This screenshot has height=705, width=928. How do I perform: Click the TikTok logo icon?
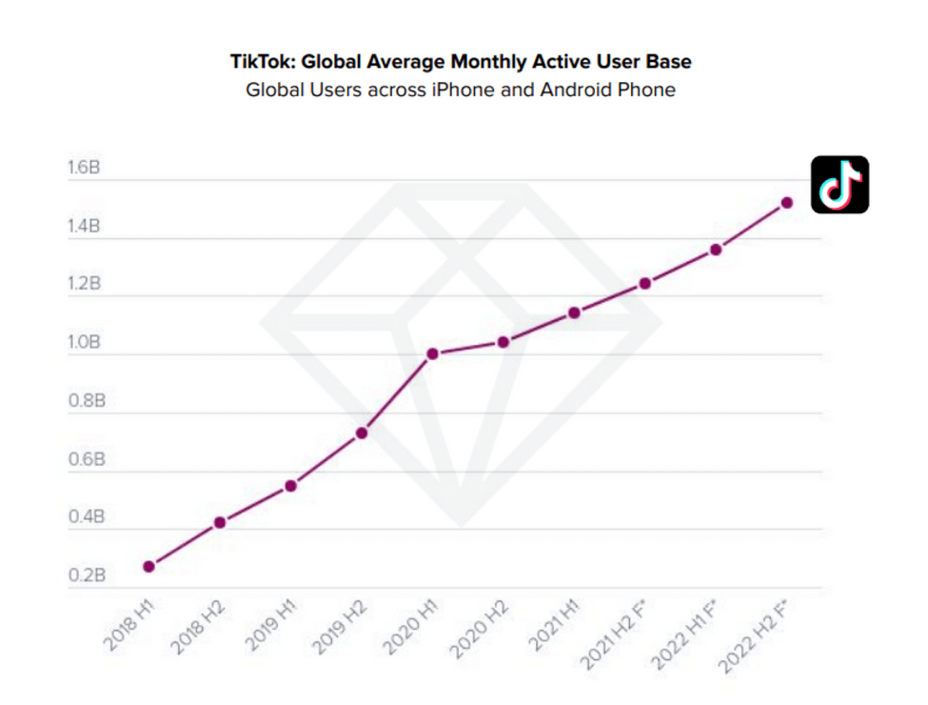pos(839,184)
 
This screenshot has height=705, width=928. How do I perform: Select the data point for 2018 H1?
pos(148,567)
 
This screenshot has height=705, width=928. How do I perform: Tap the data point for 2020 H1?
pos(432,353)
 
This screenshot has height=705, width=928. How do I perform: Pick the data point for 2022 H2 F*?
pos(786,202)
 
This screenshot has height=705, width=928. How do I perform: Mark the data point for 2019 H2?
pos(362,433)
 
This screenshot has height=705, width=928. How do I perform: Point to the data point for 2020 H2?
pos(503,342)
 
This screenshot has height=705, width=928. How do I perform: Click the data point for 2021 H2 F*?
pos(645,283)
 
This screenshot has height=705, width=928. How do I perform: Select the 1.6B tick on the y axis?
pos(84,168)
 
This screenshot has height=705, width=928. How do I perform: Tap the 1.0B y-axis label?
pos(85,343)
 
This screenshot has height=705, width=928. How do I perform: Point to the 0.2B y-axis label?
pos(85,576)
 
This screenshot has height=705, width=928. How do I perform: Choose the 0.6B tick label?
pos(85,460)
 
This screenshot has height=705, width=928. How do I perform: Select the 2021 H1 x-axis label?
pos(555,627)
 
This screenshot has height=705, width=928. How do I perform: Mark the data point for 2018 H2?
pos(220,522)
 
